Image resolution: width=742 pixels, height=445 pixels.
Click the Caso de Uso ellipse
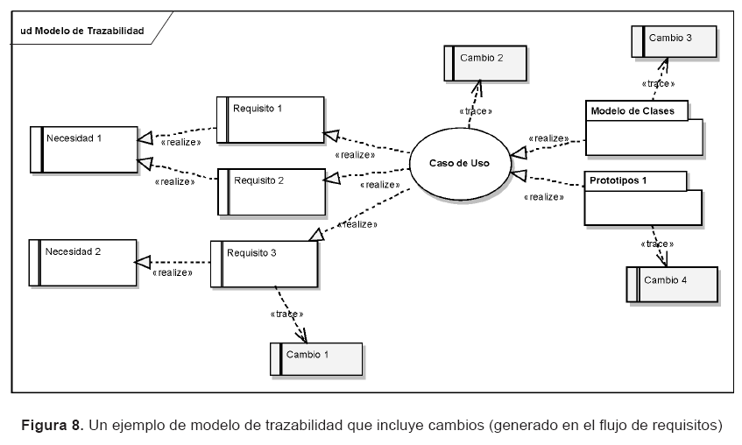[x=459, y=163]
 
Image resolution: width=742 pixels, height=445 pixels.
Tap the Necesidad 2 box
[x=83, y=261]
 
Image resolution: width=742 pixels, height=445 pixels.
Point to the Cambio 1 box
[x=316, y=359]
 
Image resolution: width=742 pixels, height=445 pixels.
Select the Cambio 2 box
[x=484, y=64]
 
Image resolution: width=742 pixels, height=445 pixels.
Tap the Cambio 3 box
[x=675, y=42]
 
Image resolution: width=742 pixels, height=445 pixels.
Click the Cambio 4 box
[x=672, y=284]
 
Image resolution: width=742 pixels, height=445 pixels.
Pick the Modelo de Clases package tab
[x=637, y=111]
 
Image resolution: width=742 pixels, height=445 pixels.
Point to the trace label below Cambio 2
[x=476, y=112]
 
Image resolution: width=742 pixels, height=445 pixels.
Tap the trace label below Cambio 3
[x=658, y=84]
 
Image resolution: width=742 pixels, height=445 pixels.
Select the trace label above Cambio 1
[x=287, y=313]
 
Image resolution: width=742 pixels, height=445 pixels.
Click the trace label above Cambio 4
[x=657, y=244]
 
